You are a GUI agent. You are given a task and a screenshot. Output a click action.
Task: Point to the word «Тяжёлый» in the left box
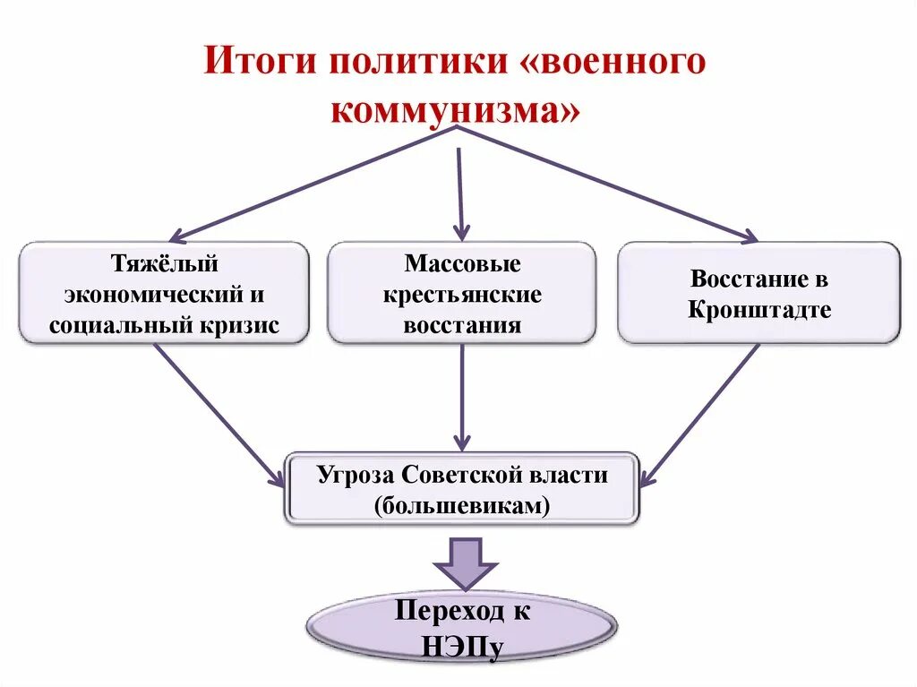pyautogui.click(x=165, y=264)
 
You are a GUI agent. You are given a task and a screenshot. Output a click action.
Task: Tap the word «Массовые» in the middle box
pyautogui.click(x=462, y=264)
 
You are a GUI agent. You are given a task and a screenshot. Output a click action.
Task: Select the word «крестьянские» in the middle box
pyautogui.click(x=462, y=295)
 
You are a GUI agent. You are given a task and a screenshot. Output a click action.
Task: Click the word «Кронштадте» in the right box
pyautogui.click(x=759, y=310)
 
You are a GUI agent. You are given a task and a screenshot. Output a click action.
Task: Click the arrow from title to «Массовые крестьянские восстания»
pyautogui.click(x=460, y=188)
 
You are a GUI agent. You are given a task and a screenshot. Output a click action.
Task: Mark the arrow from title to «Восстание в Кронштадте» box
pyautogui.click(x=609, y=184)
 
